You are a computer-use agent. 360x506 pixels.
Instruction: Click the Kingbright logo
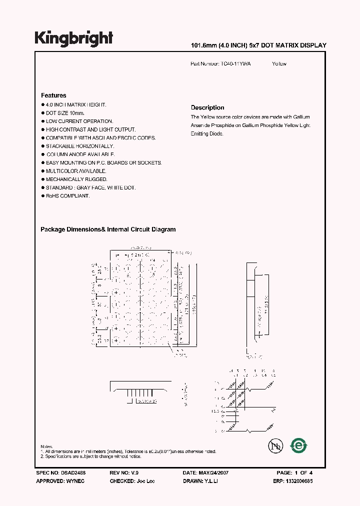tap(73, 38)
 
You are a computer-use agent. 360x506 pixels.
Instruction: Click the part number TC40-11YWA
tap(235, 64)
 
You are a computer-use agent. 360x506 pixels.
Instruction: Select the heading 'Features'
tap(53, 95)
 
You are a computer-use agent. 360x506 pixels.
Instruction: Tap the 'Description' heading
tap(207, 107)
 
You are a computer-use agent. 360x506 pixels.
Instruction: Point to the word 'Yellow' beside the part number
tap(279, 64)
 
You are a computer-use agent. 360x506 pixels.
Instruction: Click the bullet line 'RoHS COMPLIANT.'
tap(67, 196)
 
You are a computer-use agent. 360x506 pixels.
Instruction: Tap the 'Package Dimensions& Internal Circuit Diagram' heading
tap(108, 229)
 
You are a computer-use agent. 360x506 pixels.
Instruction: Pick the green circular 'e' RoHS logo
tap(298, 445)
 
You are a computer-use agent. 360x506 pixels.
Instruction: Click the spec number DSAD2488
tap(68, 472)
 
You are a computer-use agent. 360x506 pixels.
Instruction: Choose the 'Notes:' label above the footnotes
tap(47, 446)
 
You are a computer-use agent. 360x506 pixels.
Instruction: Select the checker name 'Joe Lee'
tap(144, 480)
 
